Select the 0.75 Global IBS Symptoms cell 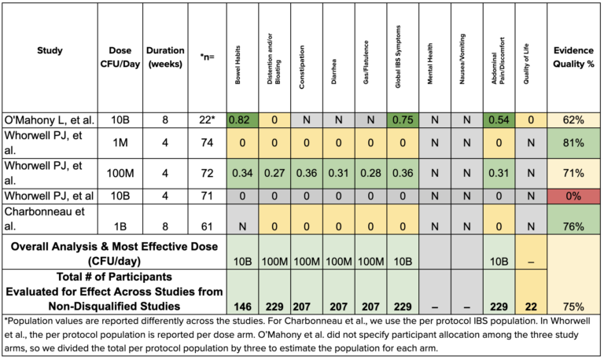click(x=403, y=120)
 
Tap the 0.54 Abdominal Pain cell click(x=499, y=120)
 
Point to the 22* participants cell click(x=207, y=120)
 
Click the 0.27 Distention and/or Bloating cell click(x=274, y=173)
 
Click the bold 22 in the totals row click(x=531, y=305)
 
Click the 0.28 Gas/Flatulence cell click(x=370, y=173)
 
